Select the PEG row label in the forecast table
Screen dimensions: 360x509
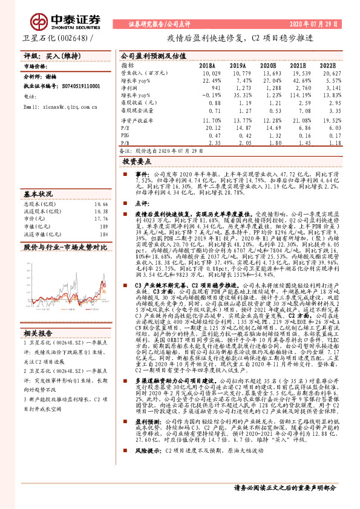(x=126, y=136)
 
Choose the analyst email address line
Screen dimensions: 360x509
(x=57, y=106)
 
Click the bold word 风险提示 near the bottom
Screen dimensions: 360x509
(x=146, y=467)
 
